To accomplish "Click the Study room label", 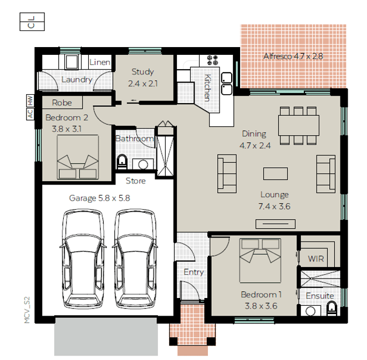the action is pos(142,72).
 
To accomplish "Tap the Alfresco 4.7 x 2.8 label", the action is pos(293,56).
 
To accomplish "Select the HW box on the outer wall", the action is pos(30,100).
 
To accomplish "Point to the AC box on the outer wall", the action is pos(30,114).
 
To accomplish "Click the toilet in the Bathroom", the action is pos(122,162).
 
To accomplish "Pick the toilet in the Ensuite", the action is pos(332,308).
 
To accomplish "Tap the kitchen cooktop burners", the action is pos(212,60).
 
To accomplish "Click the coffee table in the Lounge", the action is pos(276,173).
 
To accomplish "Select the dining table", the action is pos(299,125).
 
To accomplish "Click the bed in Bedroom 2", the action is pos(78,157).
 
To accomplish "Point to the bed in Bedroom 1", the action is pos(260,260).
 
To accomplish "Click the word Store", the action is pos(135,181).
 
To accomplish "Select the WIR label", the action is pos(316,259).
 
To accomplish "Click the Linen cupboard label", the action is pos(100,62).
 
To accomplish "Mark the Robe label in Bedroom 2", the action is pos(62,102).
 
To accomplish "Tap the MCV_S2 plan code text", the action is pos(27,310).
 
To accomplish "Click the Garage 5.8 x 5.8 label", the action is pos(99,198).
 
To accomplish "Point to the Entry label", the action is pos(193,272).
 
